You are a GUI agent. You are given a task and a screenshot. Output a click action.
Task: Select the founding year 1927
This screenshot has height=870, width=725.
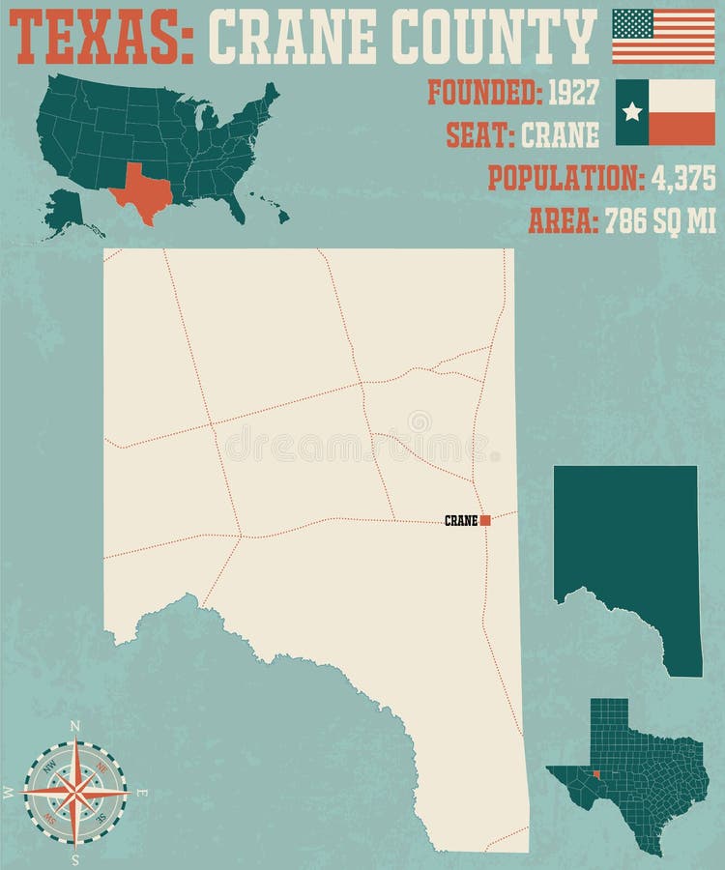573,93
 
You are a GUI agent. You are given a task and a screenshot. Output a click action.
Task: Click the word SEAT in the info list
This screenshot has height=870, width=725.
479,135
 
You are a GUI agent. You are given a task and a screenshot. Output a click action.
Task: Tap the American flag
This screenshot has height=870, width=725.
663,36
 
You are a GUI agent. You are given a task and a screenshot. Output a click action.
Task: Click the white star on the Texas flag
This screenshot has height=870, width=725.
632,112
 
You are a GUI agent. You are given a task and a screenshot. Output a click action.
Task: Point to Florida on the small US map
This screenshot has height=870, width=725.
235,207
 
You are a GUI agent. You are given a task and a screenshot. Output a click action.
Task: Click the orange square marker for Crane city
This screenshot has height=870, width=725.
485,520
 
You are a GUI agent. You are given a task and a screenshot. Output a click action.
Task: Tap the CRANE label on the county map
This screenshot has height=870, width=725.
461,521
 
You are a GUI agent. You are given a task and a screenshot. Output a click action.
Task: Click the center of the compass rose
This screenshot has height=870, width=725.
75,792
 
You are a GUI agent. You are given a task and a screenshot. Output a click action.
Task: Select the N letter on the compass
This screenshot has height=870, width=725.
76,725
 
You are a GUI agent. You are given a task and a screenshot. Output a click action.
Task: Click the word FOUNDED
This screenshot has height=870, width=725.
483,93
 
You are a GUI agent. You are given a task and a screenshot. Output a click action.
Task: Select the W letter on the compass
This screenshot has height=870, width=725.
9,793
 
